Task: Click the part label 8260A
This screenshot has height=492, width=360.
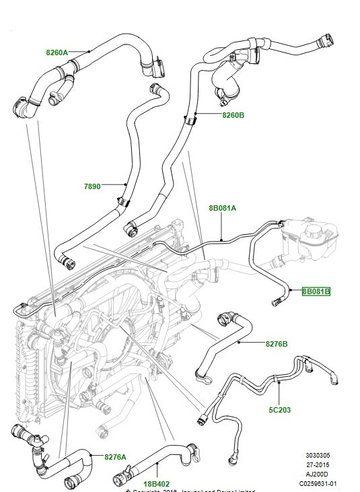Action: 58,52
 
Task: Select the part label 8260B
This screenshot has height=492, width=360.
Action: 233,115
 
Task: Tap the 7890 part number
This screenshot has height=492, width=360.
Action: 92,186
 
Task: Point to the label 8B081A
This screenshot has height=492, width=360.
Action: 222,208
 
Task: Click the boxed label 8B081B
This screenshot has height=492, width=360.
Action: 316,291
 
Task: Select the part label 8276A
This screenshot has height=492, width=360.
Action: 115,457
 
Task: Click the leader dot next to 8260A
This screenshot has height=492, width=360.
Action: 87,51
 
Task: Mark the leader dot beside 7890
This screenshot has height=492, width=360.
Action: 125,184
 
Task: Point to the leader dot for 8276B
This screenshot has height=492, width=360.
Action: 238,343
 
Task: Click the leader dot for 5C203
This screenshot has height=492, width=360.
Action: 277,382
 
